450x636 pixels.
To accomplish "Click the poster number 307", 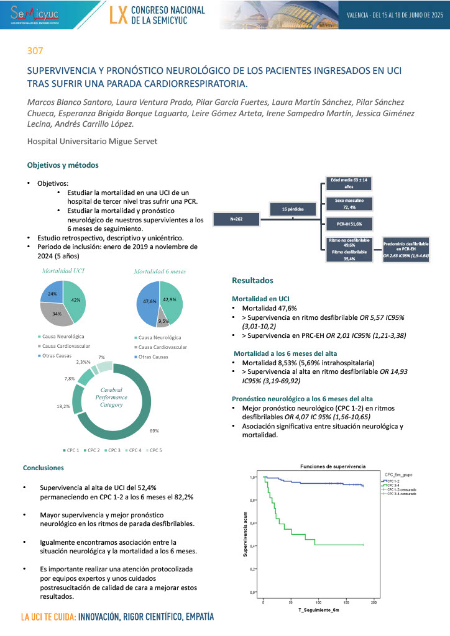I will click(x=35, y=51).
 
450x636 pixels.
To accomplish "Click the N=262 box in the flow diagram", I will click(x=236, y=219).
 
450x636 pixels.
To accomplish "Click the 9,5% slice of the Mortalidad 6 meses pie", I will click(x=163, y=322).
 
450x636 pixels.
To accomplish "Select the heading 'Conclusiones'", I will click(x=44, y=468).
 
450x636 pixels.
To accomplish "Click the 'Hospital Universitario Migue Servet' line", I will click(x=92, y=142).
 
